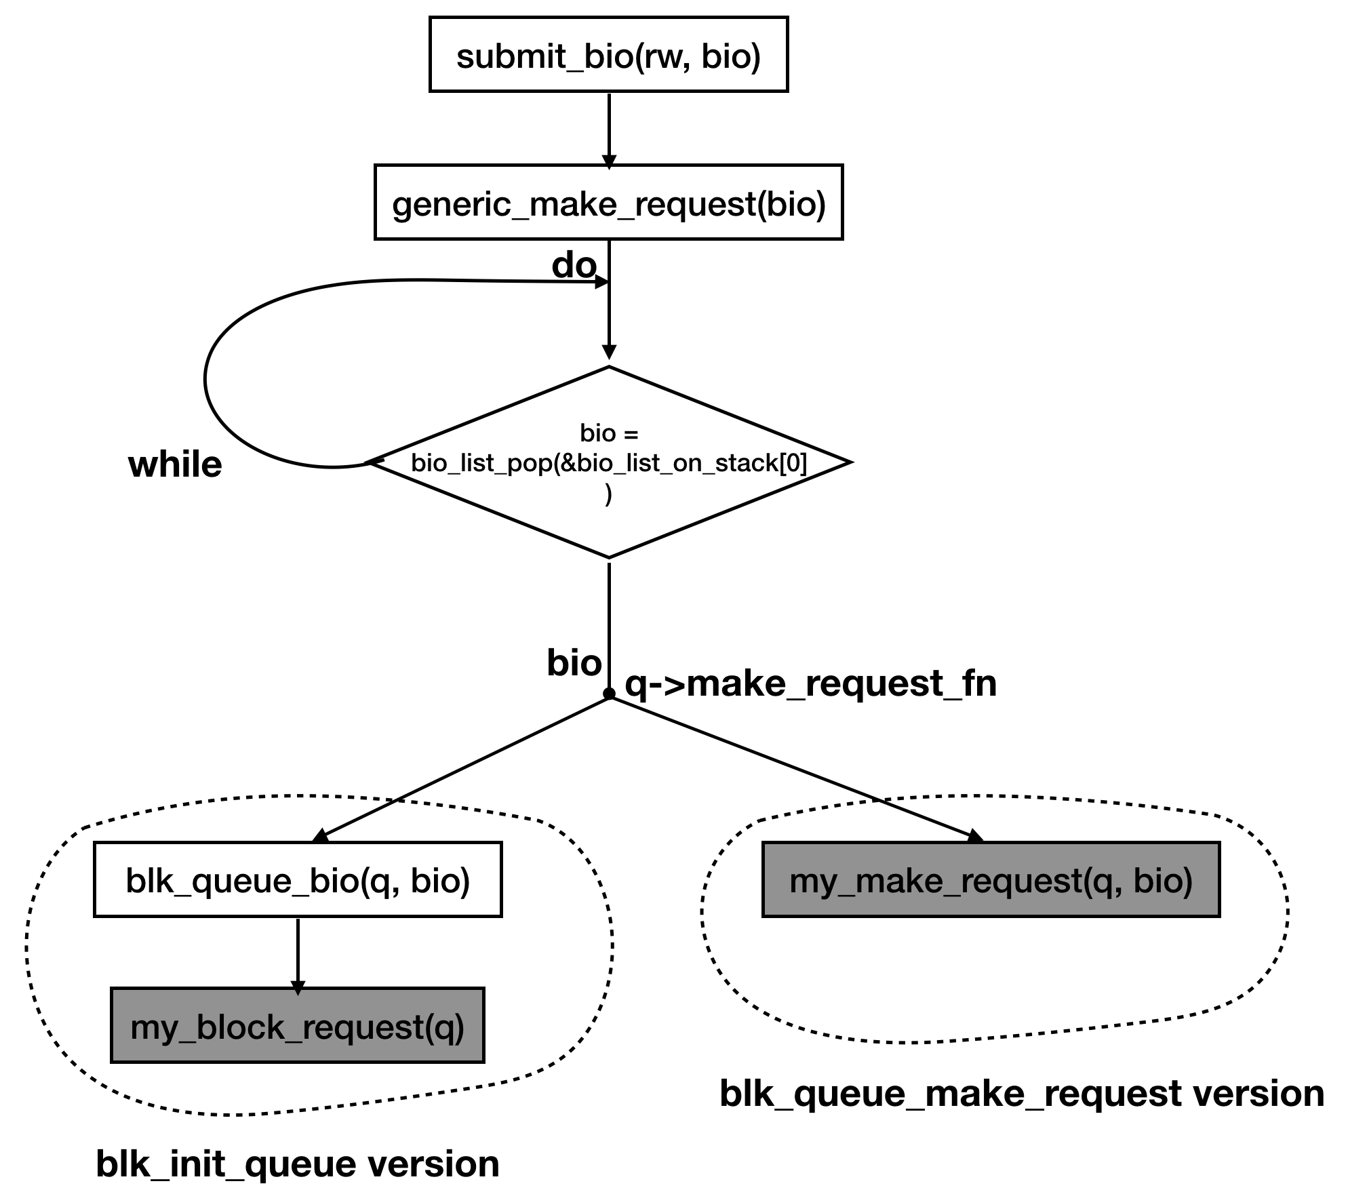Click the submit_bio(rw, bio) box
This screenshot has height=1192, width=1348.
pyautogui.click(x=608, y=54)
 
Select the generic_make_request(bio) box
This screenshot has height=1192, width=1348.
pyautogui.click(x=608, y=202)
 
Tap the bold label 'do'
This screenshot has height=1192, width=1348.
pyautogui.click(x=574, y=265)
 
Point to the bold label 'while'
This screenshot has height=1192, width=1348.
pyautogui.click(x=175, y=465)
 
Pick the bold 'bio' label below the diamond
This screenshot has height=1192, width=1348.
pyautogui.click(x=574, y=662)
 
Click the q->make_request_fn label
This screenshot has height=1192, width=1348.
pyautogui.click(x=810, y=683)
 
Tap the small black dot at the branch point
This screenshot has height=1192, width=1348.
pyautogui.click(x=609, y=694)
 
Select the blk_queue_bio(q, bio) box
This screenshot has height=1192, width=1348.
pyautogui.click(x=298, y=880)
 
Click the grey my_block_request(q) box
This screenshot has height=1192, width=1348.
pyautogui.click(x=297, y=1026)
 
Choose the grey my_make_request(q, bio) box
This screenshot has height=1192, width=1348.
pyautogui.click(x=991, y=880)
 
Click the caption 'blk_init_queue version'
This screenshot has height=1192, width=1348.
pyautogui.click(x=297, y=1164)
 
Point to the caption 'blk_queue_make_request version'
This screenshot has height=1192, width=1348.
pyautogui.click(x=1021, y=1094)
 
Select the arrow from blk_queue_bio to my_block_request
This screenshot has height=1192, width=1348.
pyautogui.click(x=298, y=952)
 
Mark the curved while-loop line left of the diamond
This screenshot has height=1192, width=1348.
pyautogui.click(x=207, y=380)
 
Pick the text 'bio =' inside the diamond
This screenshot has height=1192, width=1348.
pyautogui.click(x=608, y=433)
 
